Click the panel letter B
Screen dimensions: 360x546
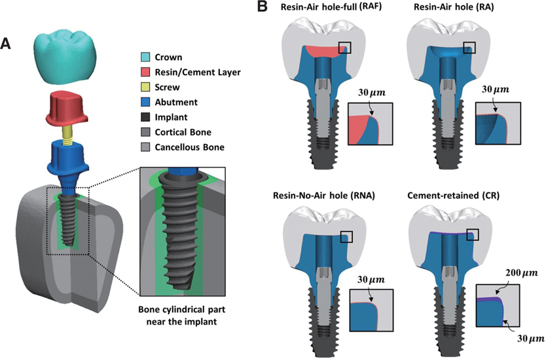pyautogui.click(x=263, y=7)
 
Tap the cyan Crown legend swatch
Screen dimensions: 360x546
pyautogui.click(x=147, y=58)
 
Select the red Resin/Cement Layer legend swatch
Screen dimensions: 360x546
pyautogui.click(x=147, y=73)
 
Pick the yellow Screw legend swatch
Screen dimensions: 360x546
pyautogui.click(x=147, y=88)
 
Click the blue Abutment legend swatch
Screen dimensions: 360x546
pyautogui.click(x=147, y=103)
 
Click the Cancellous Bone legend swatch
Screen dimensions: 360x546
pyautogui.click(x=147, y=148)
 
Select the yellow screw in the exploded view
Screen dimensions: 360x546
pyautogui.click(x=67, y=135)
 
